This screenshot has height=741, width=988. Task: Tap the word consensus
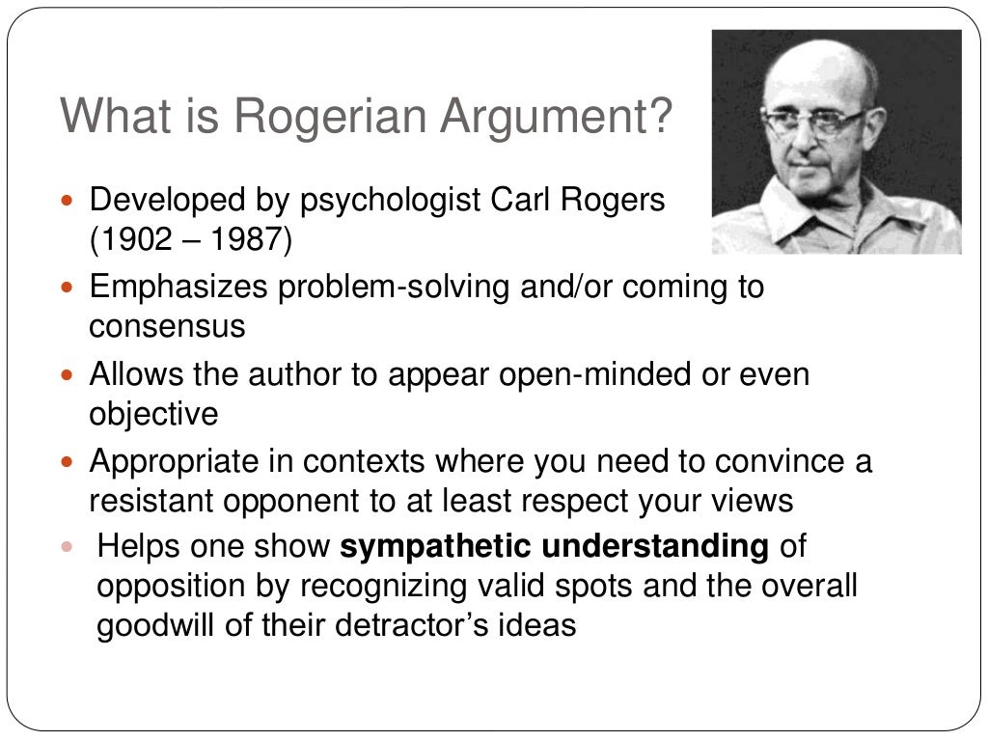(167, 326)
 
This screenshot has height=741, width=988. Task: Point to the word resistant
(153, 500)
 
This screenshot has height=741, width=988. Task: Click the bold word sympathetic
(436, 546)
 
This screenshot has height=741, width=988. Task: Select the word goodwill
(165, 624)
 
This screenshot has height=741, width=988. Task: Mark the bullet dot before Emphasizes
(68, 288)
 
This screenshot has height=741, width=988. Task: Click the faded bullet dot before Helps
(68, 547)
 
